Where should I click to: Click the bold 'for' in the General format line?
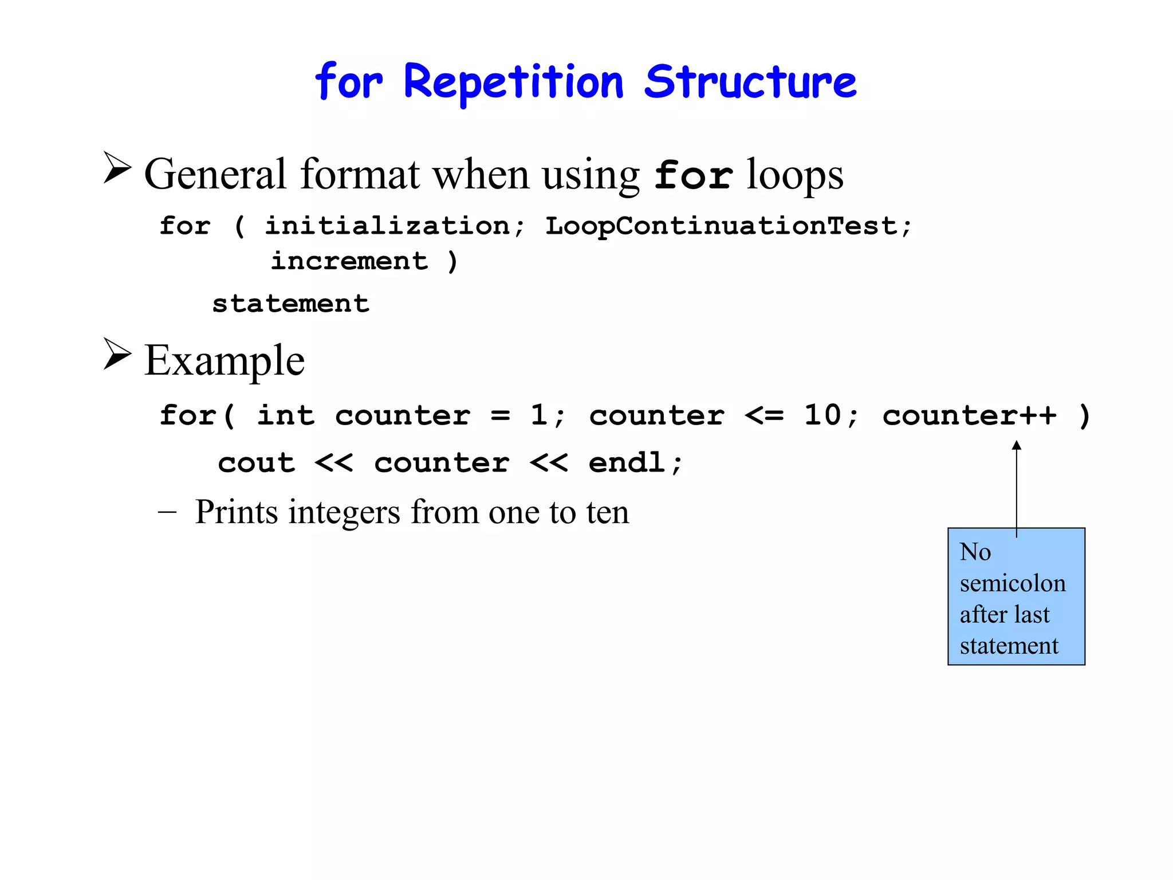[693, 175]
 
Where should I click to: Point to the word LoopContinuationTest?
[722, 226]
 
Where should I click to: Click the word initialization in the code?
[387, 226]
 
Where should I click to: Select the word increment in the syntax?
[349, 261]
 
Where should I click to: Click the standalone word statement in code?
[290, 304]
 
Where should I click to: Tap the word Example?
[224, 360]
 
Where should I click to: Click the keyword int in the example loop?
[285, 415]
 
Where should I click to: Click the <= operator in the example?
[763, 416]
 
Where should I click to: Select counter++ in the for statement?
[969, 416]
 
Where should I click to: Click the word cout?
[256, 463]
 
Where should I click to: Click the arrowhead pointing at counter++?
[1017, 445]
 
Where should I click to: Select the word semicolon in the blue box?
[1013, 583]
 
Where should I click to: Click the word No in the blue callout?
[975, 552]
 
